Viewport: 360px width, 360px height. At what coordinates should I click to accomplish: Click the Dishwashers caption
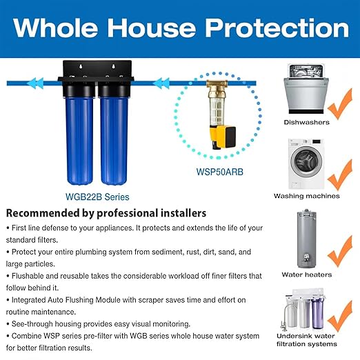[x=307, y=123]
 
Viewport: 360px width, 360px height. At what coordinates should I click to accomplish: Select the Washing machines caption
[x=307, y=196]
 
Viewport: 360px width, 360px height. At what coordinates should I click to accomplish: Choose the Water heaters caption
[x=307, y=274]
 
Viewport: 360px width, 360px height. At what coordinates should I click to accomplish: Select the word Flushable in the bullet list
[x=29, y=276]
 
